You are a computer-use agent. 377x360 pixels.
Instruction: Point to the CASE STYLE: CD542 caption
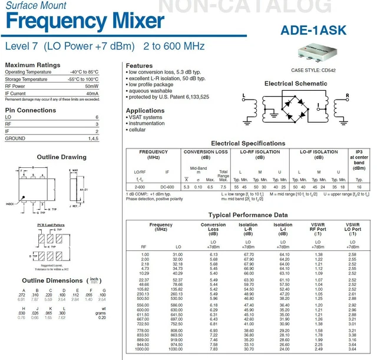click(x=312, y=70)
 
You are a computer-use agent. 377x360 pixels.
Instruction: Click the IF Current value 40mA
click(x=92, y=93)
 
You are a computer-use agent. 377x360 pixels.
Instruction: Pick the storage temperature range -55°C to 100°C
click(x=82, y=79)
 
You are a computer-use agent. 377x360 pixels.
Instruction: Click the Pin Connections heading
click(x=31, y=110)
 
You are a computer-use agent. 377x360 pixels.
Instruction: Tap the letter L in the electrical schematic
click(x=243, y=95)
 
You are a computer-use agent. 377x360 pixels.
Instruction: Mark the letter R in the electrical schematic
click(x=348, y=95)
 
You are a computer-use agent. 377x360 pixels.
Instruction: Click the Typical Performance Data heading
click(x=248, y=216)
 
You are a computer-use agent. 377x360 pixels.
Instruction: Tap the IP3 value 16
click(x=359, y=186)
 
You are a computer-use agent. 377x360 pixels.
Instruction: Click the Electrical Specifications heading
click(x=248, y=143)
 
